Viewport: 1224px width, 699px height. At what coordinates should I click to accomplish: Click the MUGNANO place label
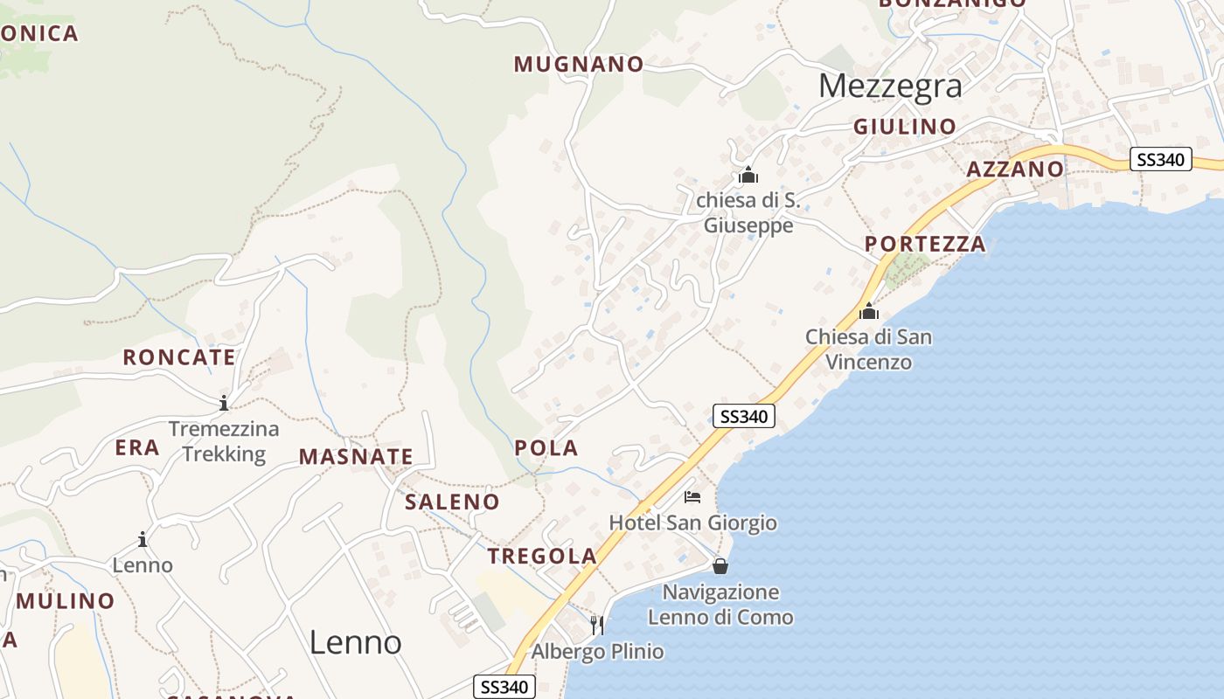pos(579,64)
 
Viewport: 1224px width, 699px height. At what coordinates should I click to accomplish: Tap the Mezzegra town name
pos(890,86)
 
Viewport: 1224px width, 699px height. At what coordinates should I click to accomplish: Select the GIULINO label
pos(905,127)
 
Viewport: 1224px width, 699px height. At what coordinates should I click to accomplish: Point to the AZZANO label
pos(1015,169)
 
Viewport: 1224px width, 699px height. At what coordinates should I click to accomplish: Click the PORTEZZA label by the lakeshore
pos(926,244)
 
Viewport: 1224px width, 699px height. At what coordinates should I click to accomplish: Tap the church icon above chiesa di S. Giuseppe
pos(748,175)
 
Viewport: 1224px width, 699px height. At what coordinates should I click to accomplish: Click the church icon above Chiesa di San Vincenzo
pos(869,310)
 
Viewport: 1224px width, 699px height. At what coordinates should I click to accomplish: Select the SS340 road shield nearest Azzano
pos(1160,159)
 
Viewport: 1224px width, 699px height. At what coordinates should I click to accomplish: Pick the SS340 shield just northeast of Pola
pos(744,416)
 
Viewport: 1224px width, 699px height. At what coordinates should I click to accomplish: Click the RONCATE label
pos(179,356)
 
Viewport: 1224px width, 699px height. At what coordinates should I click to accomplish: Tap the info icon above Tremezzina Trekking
pos(224,403)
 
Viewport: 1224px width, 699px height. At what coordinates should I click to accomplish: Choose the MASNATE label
pos(356,456)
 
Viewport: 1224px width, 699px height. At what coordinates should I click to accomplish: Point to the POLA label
pos(546,448)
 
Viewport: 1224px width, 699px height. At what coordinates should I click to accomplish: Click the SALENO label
pos(452,502)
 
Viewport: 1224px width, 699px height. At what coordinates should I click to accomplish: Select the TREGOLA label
pos(542,556)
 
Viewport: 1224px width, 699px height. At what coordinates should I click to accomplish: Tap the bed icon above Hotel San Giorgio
pos(692,497)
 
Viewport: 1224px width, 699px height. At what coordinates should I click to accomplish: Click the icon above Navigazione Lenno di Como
pos(720,566)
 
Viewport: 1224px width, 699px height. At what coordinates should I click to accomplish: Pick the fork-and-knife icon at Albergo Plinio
pos(597,624)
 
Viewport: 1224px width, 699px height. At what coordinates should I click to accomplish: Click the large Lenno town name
pos(356,642)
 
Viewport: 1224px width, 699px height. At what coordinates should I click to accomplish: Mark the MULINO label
pos(66,601)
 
